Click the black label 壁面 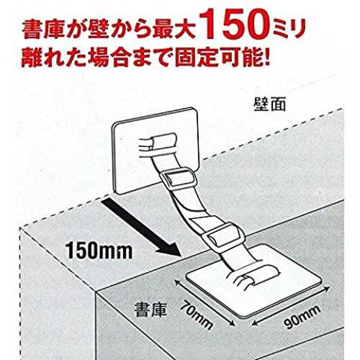pyautogui.click(x=270, y=105)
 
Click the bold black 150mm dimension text pyautogui.click(x=99, y=251)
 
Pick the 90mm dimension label pyautogui.click(x=302, y=316)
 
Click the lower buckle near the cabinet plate pyautogui.click(x=221, y=235)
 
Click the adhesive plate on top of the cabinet pyautogui.click(x=254, y=279)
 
